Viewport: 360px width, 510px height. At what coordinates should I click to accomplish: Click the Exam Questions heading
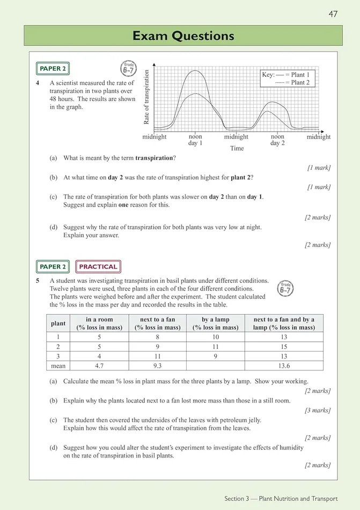click(183, 36)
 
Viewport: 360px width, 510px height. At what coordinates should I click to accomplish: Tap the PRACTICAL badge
click(98, 266)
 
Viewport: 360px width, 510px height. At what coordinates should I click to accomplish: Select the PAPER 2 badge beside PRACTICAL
click(54, 266)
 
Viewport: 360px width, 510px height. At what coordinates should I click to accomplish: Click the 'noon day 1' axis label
click(195, 140)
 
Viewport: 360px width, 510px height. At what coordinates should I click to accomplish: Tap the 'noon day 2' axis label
click(277, 140)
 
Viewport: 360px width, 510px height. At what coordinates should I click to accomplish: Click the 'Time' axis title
click(237, 149)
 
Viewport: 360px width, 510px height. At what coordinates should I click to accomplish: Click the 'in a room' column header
click(99, 323)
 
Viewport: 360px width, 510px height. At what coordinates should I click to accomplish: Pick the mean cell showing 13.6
click(284, 366)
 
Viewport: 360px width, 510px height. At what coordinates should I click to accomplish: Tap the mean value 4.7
click(99, 366)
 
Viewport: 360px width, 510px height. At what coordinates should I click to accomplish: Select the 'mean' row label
click(58, 366)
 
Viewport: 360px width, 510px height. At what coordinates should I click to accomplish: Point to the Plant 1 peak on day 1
click(195, 70)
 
